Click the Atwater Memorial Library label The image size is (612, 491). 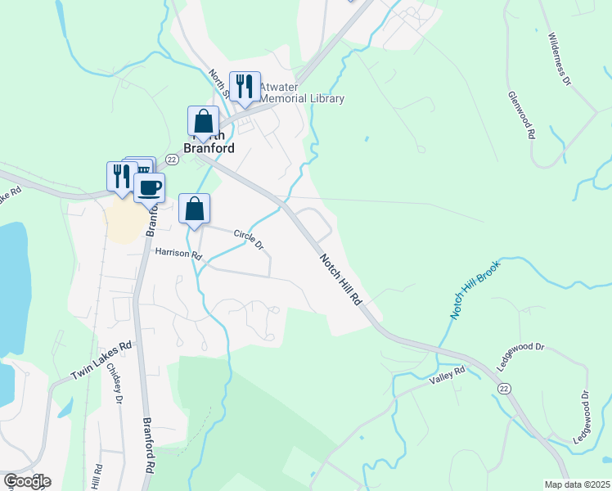[302, 92]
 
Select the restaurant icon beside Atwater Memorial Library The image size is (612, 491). [245, 86]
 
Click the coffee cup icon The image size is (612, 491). [149, 188]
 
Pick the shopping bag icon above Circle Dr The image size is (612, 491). [195, 209]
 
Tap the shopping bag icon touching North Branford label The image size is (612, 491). [203, 122]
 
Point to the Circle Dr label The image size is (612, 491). [249, 239]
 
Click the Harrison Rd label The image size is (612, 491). [178, 255]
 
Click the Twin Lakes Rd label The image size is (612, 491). [101, 360]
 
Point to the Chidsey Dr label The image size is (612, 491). [114, 384]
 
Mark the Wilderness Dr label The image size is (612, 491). [559, 60]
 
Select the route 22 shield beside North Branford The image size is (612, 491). [172, 159]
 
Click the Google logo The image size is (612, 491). [27, 481]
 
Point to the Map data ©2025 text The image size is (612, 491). [577, 484]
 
